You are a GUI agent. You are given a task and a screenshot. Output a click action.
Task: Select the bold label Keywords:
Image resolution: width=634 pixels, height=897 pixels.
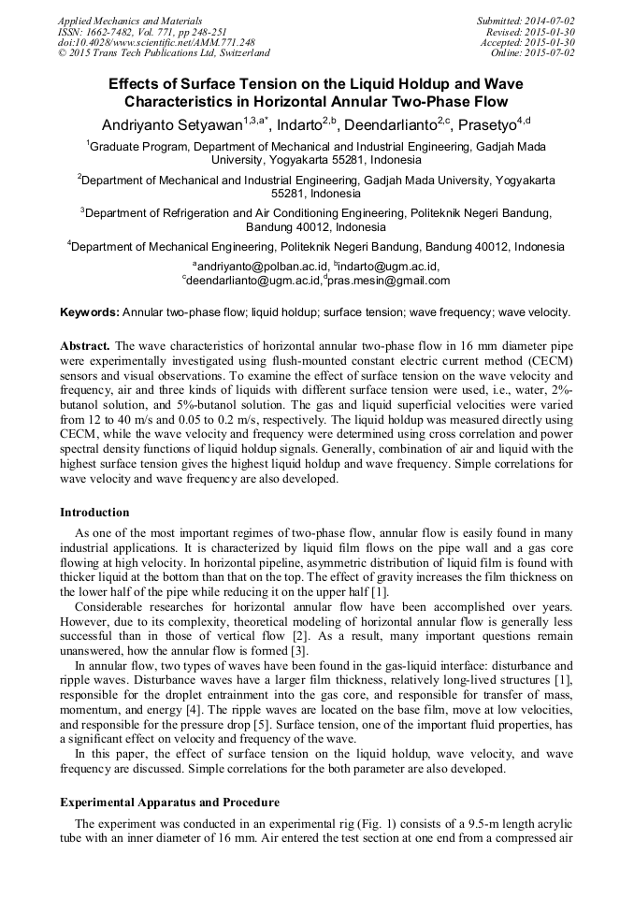point(90,312)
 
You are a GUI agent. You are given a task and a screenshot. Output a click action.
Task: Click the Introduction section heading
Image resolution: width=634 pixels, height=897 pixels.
point(94,513)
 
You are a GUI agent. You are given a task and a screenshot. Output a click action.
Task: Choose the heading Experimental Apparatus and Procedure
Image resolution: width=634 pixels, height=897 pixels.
point(169,803)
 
